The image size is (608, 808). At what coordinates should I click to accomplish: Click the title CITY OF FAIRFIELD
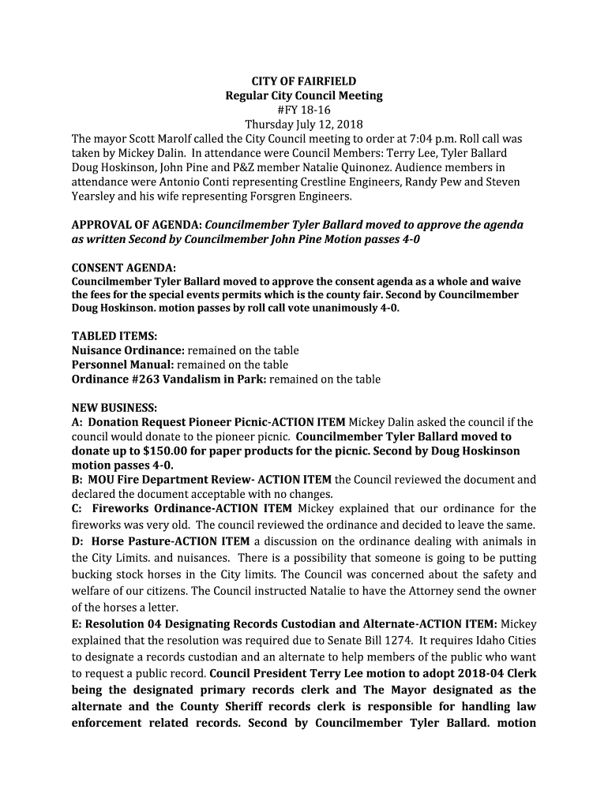pos(303,81)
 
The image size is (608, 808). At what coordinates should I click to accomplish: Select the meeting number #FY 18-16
pos(303,110)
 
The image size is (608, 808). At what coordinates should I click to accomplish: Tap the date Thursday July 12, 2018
pos(303,125)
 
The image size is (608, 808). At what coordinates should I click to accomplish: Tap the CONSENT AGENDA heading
pos(124,268)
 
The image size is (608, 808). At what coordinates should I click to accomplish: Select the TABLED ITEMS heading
pos(114,336)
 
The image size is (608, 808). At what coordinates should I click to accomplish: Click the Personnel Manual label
pos(122,365)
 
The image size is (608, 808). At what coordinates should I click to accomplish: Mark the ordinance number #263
pos(145,379)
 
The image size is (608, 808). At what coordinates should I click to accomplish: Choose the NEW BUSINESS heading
pos(114,408)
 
